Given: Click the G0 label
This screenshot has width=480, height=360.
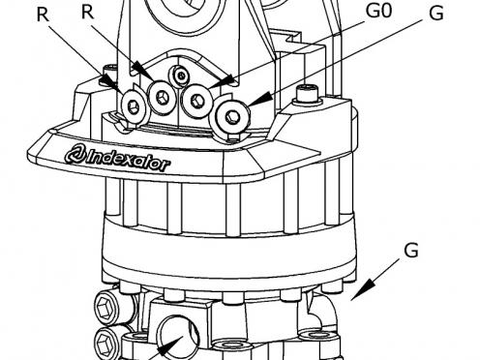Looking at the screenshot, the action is (378, 11).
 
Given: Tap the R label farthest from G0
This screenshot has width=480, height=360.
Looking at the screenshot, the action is (43, 15).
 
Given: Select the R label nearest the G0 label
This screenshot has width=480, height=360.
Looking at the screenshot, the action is (87, 13).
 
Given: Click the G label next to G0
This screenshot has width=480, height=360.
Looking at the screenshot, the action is (436, 14).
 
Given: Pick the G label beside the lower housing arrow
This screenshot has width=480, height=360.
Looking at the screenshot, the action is (411, 251).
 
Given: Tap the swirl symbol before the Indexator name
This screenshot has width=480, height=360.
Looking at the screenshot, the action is (75, 155).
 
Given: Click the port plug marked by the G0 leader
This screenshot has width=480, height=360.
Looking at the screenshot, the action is (196, 100).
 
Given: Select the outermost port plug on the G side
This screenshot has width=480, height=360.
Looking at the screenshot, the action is (232, 116).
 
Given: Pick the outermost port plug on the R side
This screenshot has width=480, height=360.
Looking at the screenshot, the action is (134, 105).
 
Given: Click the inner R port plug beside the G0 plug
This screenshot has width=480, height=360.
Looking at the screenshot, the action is (162, 96).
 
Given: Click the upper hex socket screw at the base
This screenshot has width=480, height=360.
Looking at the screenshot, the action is (107, 307).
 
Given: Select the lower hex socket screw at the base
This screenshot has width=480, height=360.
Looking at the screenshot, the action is (106, 342).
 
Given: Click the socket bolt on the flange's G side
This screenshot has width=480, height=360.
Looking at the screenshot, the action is (308, 94).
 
